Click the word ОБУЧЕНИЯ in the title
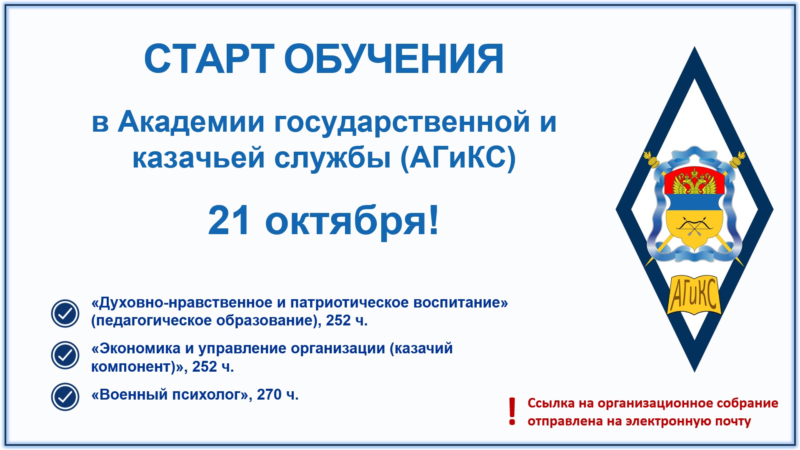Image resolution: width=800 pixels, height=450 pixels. coord(394,59)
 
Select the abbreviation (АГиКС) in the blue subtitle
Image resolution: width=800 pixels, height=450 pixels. coord(458,158)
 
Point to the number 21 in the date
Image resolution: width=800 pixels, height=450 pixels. coord(229,220)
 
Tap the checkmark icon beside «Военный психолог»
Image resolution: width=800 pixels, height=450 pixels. coord(65,397)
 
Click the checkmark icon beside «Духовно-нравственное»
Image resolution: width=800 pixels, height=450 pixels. coord(65,313)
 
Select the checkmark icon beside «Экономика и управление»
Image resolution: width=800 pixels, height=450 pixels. coord(65,355)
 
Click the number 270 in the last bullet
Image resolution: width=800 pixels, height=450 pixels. coord(269,394)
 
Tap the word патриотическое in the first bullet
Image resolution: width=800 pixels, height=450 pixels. coord(350,302)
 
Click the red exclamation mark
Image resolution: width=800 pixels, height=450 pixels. coord(512,412)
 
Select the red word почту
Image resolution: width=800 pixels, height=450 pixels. coord(733,421)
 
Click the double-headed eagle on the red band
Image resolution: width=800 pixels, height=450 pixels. coord(694,182)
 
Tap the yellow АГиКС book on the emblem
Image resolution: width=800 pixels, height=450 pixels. coord(694,294)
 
